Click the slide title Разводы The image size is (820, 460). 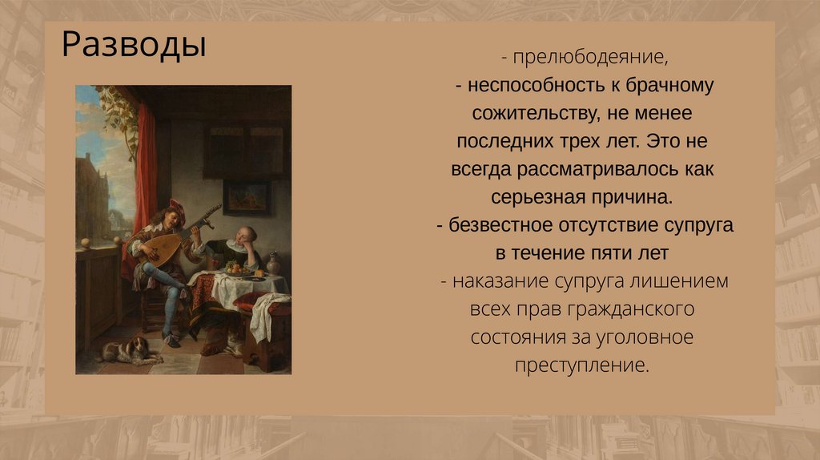(x=134, y=45)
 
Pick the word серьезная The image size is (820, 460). (x=538, y=197)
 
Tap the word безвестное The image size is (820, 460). (x=500, y=225)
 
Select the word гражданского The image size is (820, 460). (x=622, y=309)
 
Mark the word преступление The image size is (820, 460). (x=581, y=365)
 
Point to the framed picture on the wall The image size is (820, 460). (x=247, y=197)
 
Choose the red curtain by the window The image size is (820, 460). (x=144, y=167)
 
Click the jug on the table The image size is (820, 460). (x=273, y=263)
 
